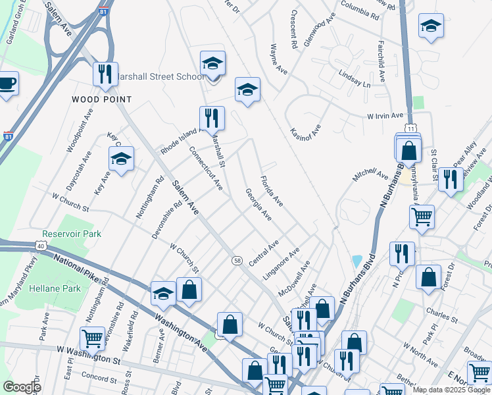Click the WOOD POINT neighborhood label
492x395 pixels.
coord(102,99)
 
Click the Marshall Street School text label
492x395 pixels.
coord(160,77)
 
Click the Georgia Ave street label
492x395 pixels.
coord(258,205)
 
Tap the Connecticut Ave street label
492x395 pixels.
coord(206,168)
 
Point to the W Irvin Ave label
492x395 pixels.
coord(385,116)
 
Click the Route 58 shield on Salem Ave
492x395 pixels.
coord(237,261)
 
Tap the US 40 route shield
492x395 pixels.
coord(41,246)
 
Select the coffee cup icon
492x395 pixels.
coord(7,84)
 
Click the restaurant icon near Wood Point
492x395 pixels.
coord(105,74)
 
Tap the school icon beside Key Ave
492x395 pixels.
coord(122,159)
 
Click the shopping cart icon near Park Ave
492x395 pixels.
coord(92,339)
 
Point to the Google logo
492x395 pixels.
coord(22,388)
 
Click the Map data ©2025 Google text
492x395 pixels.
coord(451,390)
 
